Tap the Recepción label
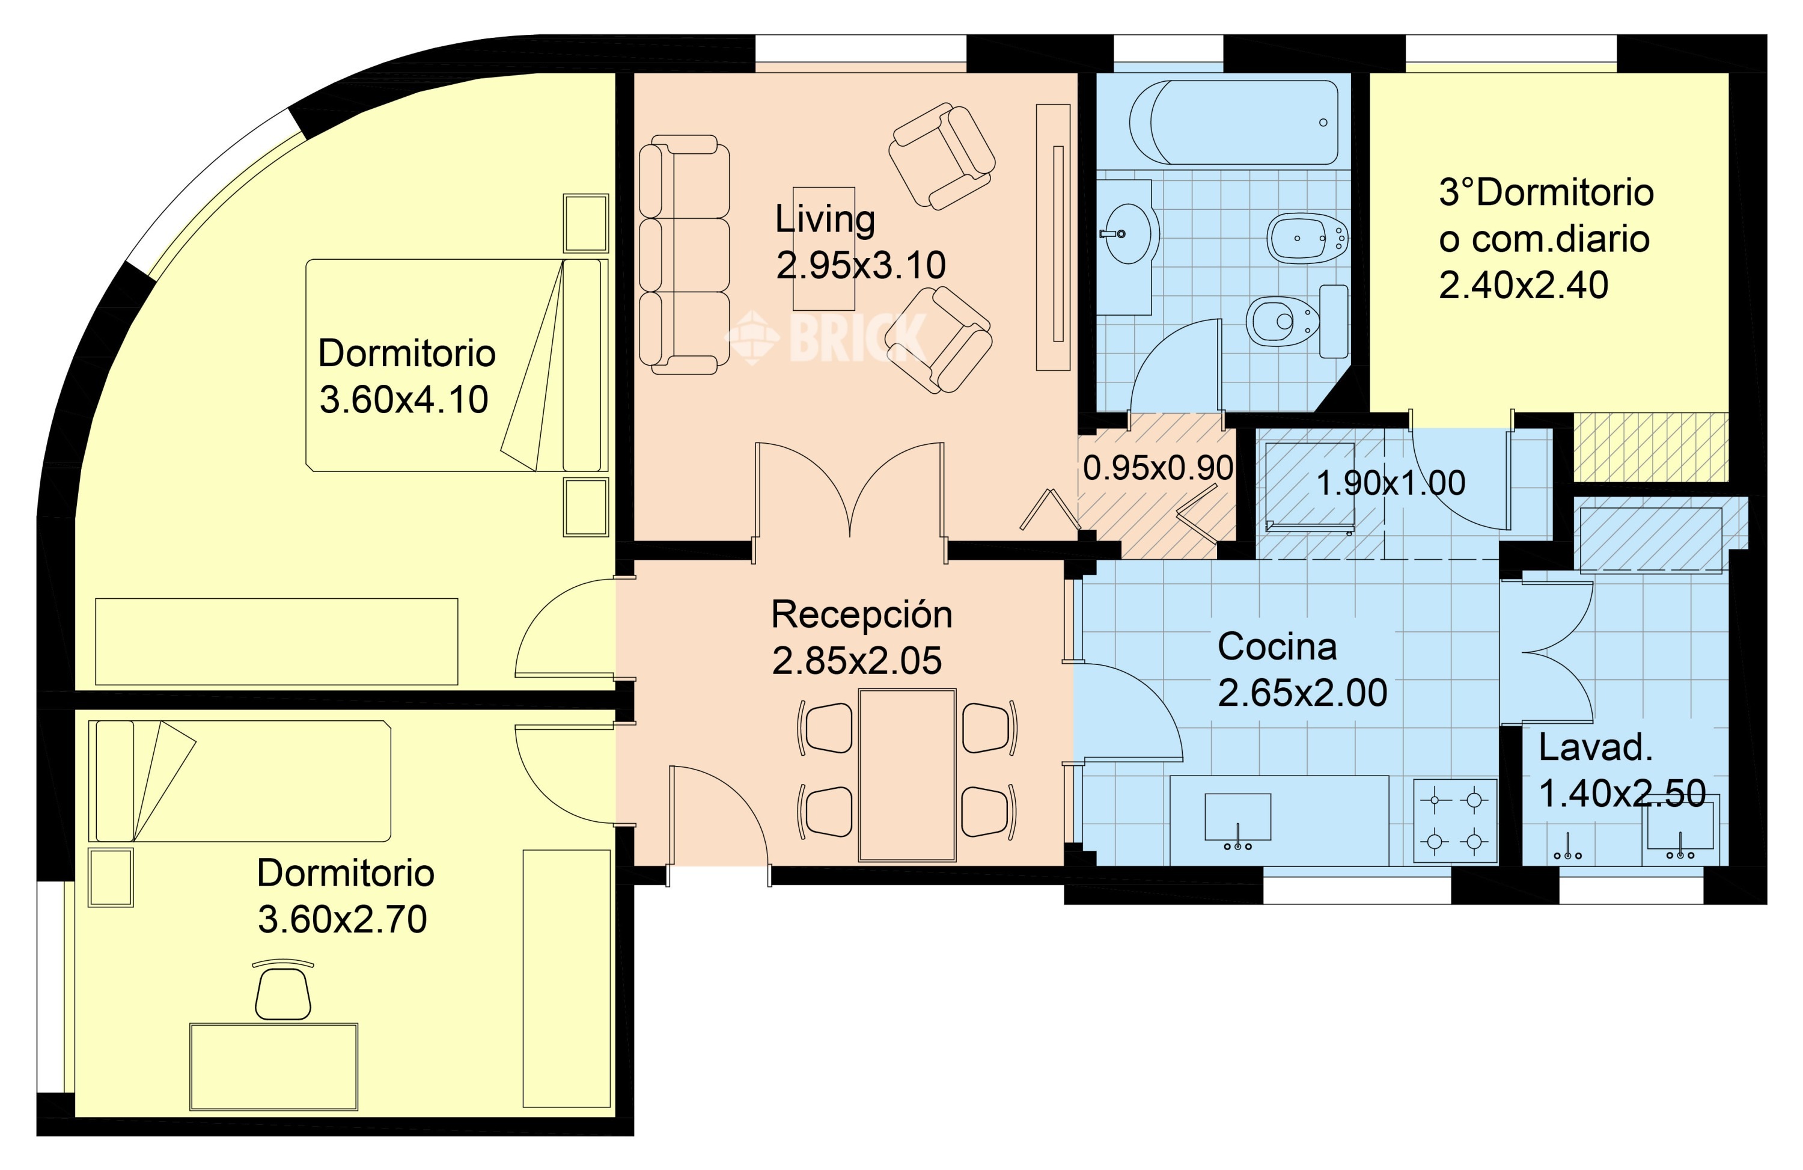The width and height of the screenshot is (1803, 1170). [x=861, y=614]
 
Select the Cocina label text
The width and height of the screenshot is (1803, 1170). [x=1277, y=646]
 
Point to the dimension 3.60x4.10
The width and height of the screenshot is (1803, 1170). [x=404, y=399]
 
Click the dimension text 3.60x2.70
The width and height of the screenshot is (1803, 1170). [x=343, y=919]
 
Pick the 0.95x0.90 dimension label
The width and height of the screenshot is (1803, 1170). [x=1158, y=468]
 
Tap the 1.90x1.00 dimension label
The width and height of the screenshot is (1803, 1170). [x=1391, y=483]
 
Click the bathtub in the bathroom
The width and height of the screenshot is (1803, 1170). [x=1233, y=122]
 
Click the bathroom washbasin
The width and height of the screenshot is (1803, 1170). [x=1127, y=233]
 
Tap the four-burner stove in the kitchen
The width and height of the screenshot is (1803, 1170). [x=1454, y=821]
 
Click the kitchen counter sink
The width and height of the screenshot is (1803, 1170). [x=1238, y=818]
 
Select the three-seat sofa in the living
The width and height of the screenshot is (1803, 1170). [x=684, y=254]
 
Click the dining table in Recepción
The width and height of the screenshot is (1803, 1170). [x=907, y=775]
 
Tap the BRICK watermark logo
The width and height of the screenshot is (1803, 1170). [x=826, y=337]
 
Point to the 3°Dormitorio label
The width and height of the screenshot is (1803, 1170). [x=1545, y=192]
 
